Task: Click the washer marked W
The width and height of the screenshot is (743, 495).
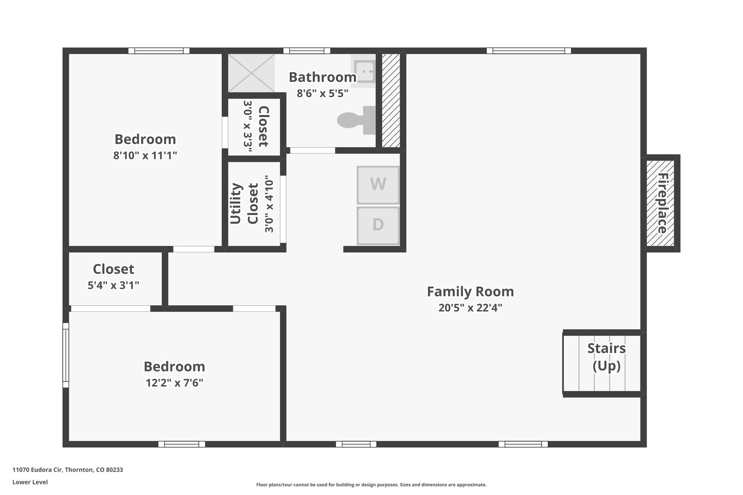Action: point(378,185)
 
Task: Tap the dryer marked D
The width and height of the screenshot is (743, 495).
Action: point(378,225)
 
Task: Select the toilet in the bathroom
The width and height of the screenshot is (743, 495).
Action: point(356,120)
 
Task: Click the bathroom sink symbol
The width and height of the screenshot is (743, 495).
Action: point(363,71)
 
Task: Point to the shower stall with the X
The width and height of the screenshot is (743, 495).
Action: point(251,73)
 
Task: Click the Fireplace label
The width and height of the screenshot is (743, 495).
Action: point(662,203)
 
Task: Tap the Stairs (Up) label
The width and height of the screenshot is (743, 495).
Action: point(607,357)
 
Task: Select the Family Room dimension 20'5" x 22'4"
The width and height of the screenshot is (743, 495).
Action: point(470,308)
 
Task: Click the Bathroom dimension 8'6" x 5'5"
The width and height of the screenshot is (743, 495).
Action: point(323,94)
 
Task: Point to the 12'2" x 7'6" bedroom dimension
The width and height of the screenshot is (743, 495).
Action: point(175,383)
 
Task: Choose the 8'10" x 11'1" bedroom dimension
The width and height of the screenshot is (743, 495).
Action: point(145,156)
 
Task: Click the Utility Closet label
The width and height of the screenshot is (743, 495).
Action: point(244,203)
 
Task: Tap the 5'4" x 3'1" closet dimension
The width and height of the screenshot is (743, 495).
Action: point(114,285)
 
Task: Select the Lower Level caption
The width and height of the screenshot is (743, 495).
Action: point(30,482)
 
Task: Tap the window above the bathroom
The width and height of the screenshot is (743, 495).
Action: point(307,51)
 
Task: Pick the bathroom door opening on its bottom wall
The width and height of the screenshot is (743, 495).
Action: point(312,150)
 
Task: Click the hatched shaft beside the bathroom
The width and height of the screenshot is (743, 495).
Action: point(391,100)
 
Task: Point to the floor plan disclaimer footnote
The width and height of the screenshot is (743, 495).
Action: point(371,484)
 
